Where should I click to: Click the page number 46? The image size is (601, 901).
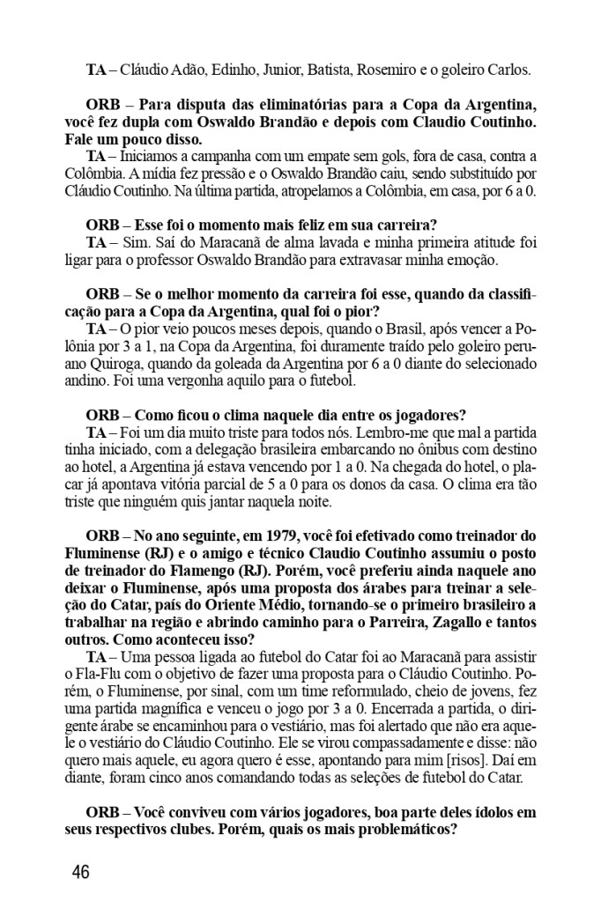click(80, 872)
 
